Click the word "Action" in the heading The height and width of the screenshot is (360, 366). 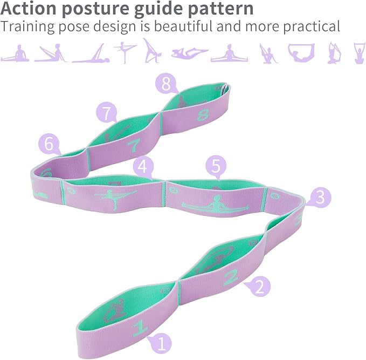(x=29, y=9)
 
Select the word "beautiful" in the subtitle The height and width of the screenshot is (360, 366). (x=184, y=26)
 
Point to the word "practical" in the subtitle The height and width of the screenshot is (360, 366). (x=312, y=27)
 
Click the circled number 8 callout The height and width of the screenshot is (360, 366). (x=166, y=84)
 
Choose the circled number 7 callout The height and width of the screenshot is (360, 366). (x=107, y=112)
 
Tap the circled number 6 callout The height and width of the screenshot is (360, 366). (x=49, y=145)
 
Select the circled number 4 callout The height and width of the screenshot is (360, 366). (x=143, y=167)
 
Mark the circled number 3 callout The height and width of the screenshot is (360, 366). (x=320, y=197)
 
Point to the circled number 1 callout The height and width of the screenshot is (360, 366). (x=161, y=343)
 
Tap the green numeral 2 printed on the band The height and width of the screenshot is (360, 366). (x=231, y=277)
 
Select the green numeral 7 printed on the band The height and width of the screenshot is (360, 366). (x=134, y=145)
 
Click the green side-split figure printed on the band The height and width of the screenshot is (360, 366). (x=215, y=203)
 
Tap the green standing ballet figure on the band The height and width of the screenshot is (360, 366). (x=116, y=198)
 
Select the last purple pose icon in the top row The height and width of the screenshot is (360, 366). (x=360, y=53)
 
